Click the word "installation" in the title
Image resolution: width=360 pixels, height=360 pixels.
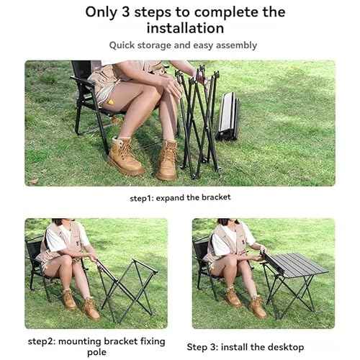click(186, 28)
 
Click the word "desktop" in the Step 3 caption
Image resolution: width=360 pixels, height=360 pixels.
click(284, 347)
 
